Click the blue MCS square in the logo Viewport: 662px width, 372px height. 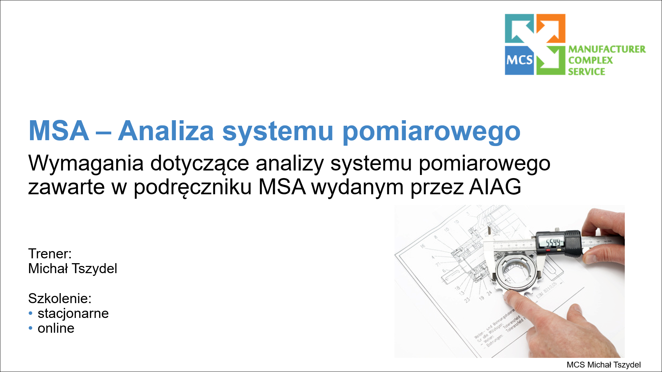(x=519, y=60)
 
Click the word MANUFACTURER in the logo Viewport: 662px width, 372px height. (x=607, y=49)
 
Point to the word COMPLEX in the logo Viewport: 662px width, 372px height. (x=590, y=60)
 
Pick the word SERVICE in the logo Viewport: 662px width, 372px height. (x=586, y=72)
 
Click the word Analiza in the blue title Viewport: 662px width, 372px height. (x=166, y=131)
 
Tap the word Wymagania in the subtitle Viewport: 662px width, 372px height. (x=86, y=163)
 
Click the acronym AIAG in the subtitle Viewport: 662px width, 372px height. (x=495, y=187)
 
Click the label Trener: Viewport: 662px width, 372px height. (x=50, y=254)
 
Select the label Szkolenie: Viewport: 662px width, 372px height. (x=60, y=298)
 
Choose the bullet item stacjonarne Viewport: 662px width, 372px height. (x=73, y=313)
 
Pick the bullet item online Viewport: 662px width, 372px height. (x=56, y=328)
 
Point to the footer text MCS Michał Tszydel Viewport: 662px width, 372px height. (x=603, y=365)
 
